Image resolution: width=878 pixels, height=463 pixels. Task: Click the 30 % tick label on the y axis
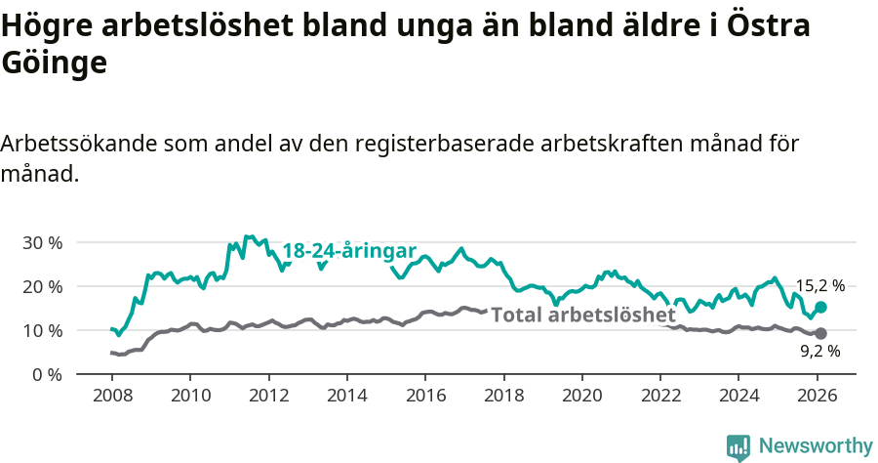(x=42, y=242)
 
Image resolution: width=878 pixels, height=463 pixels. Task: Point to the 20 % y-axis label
(x=42, y=286)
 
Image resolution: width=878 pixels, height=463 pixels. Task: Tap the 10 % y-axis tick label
(x=42, y=330)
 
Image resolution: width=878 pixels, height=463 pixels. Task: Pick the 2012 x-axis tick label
(x=268, y=397)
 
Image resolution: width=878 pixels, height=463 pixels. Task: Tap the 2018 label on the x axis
(x=503, y=397)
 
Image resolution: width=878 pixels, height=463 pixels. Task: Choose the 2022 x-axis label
(x=659, y=397)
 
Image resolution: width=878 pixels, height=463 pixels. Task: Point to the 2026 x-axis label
(x=817, y=397)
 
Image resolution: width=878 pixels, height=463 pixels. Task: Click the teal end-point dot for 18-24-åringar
(x=820, y=307)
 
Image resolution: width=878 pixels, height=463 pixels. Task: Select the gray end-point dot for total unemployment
(x=820, y=334)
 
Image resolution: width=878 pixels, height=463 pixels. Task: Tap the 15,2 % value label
(x=820, y=286)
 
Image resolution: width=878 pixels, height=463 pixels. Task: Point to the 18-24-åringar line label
(x=349, y=251)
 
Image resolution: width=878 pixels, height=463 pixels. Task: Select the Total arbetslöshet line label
(x=582, y=316)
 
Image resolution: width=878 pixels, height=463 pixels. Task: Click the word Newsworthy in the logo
(x=816, y=446)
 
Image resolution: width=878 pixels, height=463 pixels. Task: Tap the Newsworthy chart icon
(x=738, y=447)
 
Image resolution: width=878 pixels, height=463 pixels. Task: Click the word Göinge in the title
(x=54, y=63)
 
